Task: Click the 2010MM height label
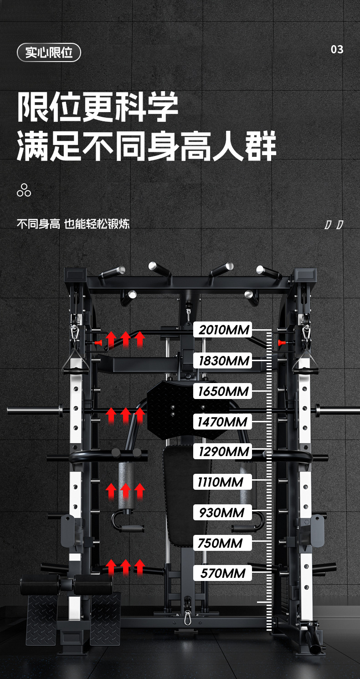pos(222,330)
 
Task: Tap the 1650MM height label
pos(222,391)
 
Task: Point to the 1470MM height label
pos(222,422)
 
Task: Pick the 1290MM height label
pos(222,451)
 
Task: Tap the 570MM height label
pos(222,573)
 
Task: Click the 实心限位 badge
pos(49,52)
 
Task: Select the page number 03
pos(337,49)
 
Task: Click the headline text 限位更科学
pos(98,108)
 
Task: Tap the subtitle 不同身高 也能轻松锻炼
pos(73,224)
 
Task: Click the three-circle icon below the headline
pos(24,190)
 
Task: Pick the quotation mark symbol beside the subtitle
pos(334,224)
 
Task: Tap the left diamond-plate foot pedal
pos(41,618)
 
